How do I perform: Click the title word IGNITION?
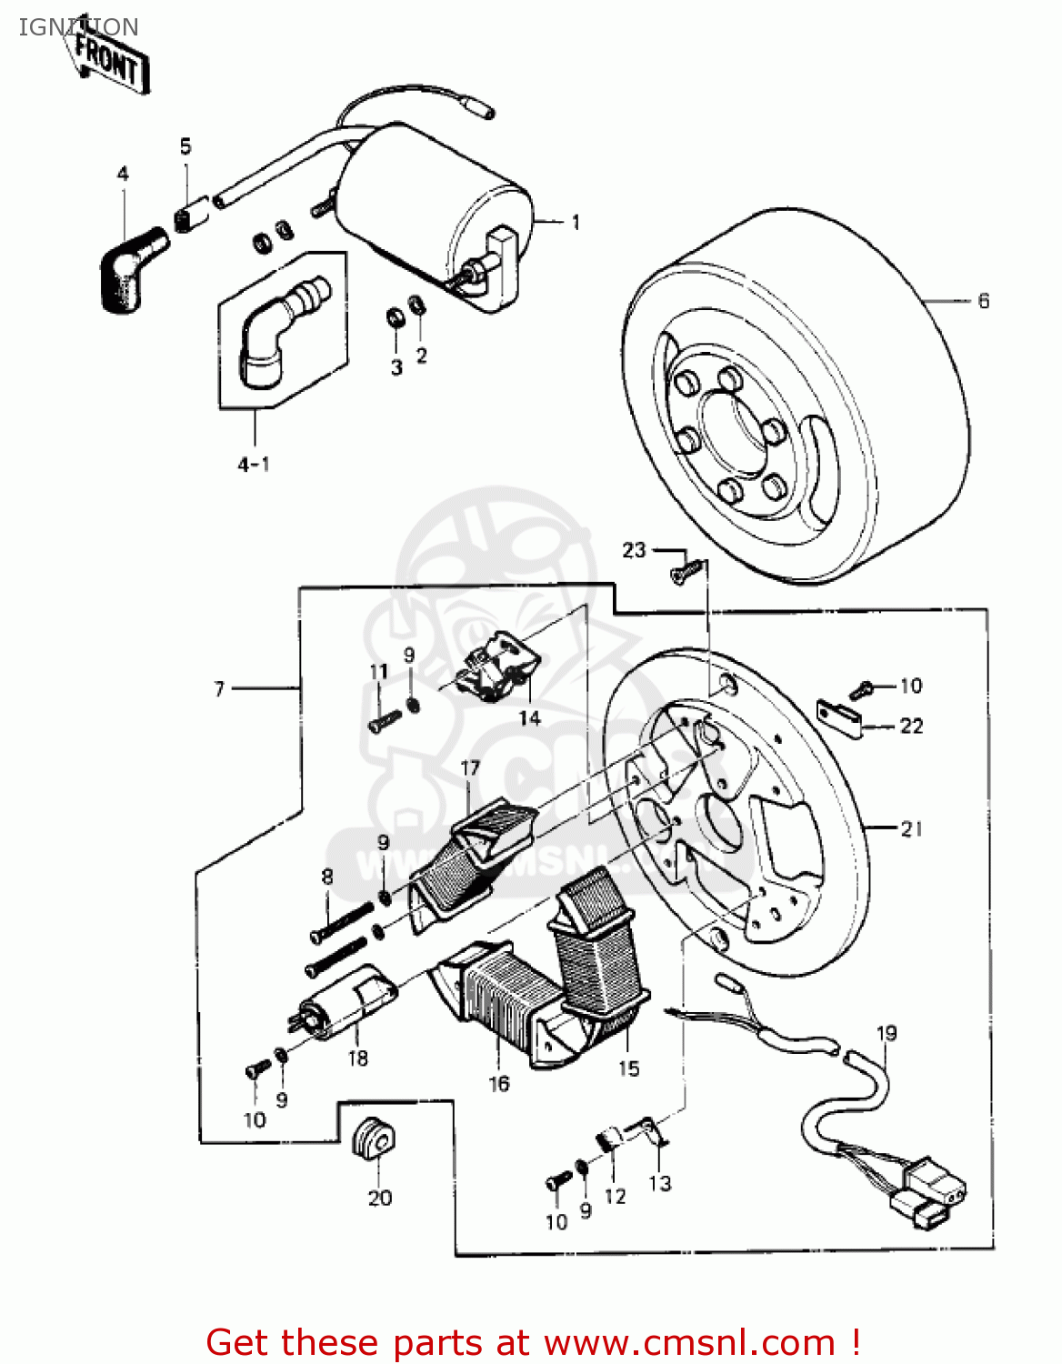pos(79,27)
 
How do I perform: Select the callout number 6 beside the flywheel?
pos(983,301)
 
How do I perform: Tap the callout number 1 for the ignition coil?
pos(576,223)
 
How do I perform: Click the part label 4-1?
pos(254,465)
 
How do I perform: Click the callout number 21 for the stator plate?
pos(911,828)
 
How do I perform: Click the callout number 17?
pos(470,768)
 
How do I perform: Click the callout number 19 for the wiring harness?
pos(887,1033)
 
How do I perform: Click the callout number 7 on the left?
pos(219,689)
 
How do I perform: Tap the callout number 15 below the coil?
pos(629,1068)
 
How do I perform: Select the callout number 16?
pos(499,1083)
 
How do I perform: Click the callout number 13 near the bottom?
pos(660,1182)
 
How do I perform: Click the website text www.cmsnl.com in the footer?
pos(691,1342)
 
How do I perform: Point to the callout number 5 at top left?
pos(185,146)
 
